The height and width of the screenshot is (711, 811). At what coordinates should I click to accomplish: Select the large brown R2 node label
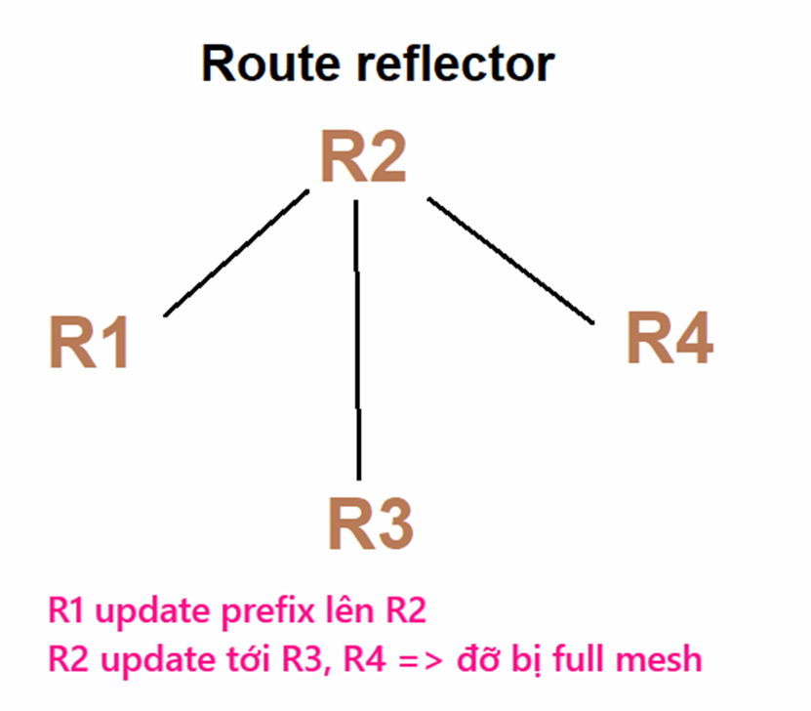[x=363, y=157]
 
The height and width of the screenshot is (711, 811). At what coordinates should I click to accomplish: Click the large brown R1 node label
[x=89, y=343]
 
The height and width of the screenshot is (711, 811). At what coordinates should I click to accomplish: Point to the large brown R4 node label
[x=669, y=339]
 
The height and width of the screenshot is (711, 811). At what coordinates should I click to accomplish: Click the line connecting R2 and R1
[x=237, y=253]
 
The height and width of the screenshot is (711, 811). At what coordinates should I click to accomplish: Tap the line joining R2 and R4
[x=510, y=260]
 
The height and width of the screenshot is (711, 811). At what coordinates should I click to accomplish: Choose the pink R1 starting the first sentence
[x=65, y=612]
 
